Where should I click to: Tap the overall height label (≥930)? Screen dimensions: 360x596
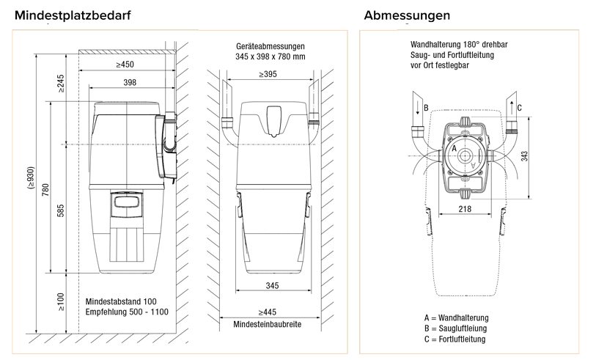click(x=31, y=180)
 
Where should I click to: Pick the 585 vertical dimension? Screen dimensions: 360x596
click(x=61, y=213)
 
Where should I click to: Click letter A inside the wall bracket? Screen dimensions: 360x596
click(x=455, y=148)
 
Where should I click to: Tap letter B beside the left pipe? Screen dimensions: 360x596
click(x=426, y=108)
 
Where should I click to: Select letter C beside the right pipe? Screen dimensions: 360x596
click(x=519, y=108)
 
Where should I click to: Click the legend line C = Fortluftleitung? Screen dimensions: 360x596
click(x=455, y=339)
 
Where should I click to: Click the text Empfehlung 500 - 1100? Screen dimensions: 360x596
click(x=126, y=312)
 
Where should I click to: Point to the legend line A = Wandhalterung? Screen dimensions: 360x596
click(x=456, y=317)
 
